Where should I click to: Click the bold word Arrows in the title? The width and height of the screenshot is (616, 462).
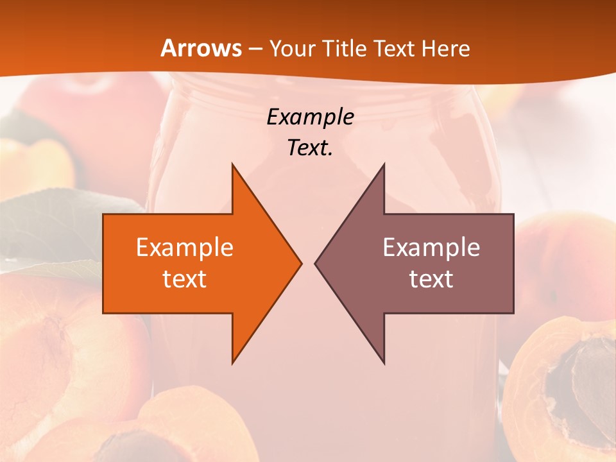tap(201, 49)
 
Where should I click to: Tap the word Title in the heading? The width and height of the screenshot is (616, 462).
tap(345, 49)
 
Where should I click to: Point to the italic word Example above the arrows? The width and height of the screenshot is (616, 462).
tap(311, 117)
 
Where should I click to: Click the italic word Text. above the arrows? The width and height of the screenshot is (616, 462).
tap(311, 148)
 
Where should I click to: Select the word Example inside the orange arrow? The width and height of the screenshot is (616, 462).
tap(185, 248)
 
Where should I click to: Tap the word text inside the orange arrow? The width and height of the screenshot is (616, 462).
tap(185, 279)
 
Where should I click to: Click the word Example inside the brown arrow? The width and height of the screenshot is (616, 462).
tap(431, 248)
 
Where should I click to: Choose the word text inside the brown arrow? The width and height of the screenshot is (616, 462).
tap(431, 279)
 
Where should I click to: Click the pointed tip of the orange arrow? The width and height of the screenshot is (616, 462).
tap(299, 263)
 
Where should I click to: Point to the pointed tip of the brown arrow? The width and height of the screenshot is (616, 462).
tap(317, 263)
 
